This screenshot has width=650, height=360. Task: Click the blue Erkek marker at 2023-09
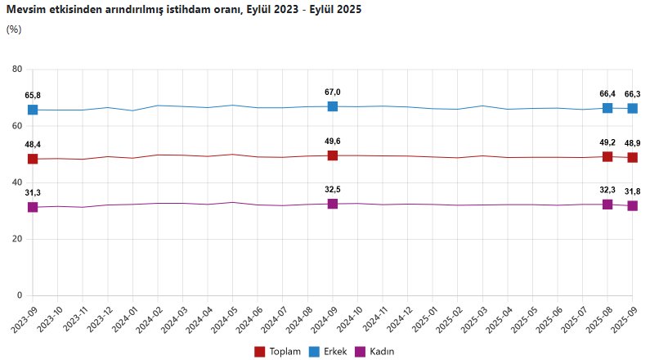coord(33,110)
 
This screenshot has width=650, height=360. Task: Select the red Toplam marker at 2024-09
coord(333,155)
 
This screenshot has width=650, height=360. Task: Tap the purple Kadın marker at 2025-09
coord(632,205)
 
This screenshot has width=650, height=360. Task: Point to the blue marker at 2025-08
coord(607,108)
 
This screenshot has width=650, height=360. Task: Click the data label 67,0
coord(333,92)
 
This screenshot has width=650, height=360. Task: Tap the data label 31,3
coord(33,192)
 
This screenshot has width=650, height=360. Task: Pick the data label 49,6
coord(333,141)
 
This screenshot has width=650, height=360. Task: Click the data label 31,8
coord(632,191)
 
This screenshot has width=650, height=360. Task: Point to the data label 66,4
coord(607,93)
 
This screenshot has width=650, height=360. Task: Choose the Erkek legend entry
coord(329,351)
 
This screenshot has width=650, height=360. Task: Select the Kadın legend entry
coord(376,351)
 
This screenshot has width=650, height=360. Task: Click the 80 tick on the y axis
coord(16,70)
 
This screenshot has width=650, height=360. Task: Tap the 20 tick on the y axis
coord(16,239)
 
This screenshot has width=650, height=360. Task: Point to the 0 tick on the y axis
coord(19,295)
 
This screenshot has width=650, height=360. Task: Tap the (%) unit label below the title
coord(14,29)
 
